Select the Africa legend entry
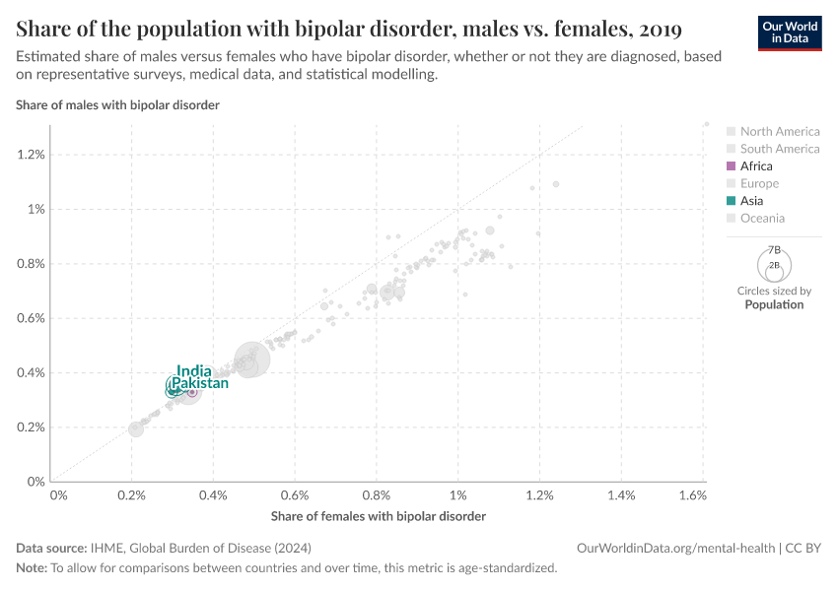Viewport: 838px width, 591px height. (756, 166)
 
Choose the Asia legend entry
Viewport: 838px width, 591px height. (751, 201)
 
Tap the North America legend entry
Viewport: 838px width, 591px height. (779, 132)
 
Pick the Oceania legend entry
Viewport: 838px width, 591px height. (762, 219)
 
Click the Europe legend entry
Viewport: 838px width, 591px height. (759, 184)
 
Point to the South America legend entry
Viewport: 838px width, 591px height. (779, 149)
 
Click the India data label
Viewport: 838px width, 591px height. (194, 371)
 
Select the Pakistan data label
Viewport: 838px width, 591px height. (200, 383)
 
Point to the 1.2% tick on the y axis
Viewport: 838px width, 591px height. (31, 155)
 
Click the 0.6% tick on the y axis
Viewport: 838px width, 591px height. (31, 318)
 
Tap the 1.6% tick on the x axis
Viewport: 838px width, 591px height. (693, 495)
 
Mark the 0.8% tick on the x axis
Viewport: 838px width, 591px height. (377, 495)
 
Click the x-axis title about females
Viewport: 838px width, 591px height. (378, 516)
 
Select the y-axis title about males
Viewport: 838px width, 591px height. (117, 104)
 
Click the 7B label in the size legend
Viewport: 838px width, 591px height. (774, 251)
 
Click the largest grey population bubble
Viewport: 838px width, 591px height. (251, 360)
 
